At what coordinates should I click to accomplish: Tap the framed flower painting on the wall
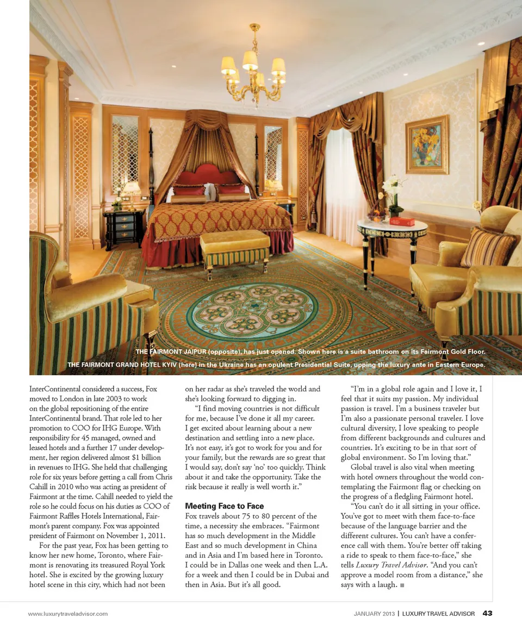427,144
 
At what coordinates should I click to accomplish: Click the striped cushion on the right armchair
489,247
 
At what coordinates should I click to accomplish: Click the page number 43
487,614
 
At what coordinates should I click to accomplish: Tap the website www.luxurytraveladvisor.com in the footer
68,614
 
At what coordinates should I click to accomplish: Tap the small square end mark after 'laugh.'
402,585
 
